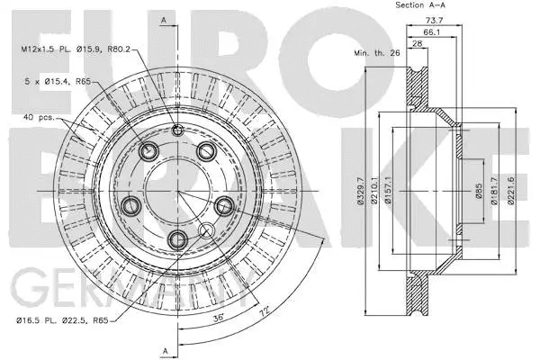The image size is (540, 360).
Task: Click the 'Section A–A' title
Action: (x=422, y=5)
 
